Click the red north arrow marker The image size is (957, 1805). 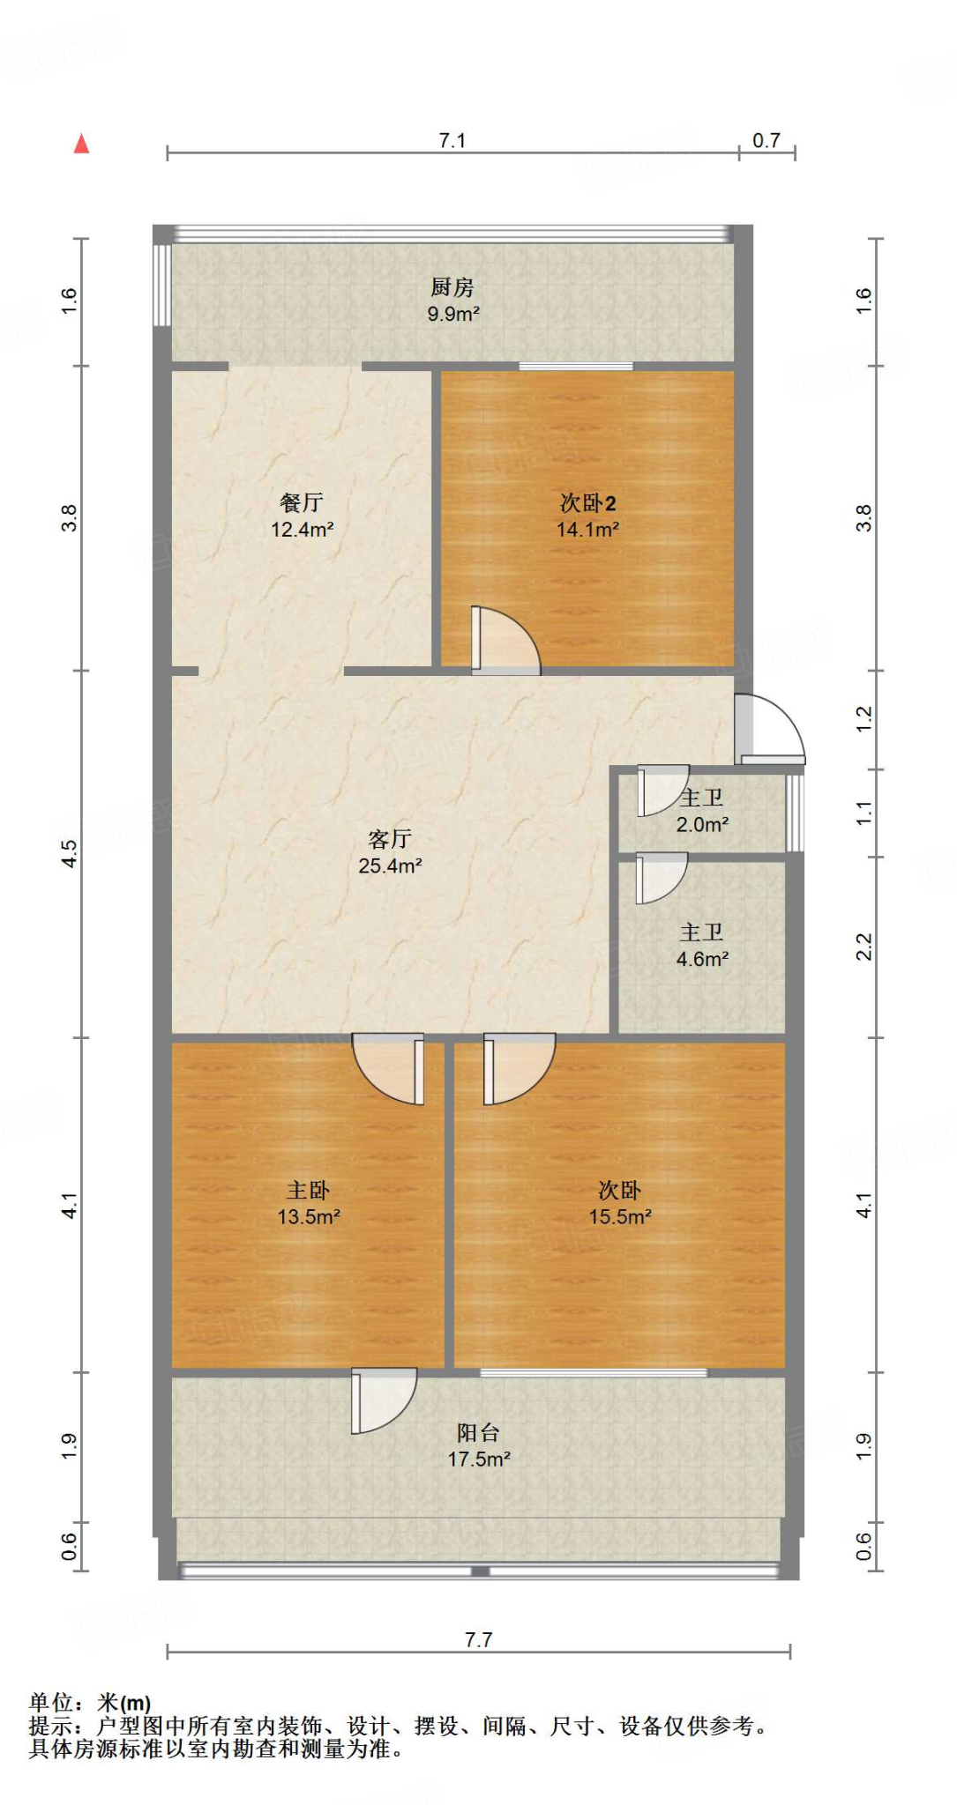pos(82,144)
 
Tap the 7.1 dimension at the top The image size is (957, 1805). pos(452,141)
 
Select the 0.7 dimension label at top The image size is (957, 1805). pos(766,141)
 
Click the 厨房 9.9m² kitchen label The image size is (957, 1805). pos(453,300)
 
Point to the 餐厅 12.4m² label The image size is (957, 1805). pos(302,516)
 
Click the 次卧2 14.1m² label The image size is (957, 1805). pos(587,516)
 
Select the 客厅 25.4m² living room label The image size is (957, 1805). pos(390,851)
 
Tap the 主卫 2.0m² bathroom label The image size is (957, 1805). pos(702,811)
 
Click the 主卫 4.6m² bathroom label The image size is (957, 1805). pos(702,946)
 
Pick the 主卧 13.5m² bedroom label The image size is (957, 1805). pos(309,1203)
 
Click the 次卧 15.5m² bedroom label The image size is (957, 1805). pos(620,1203)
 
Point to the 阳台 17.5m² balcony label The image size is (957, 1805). pos(479,1445)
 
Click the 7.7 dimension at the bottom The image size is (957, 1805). pos(478,1639)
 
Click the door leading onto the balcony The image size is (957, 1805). pos(383,1400)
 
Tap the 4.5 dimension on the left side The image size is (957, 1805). pos(70,852)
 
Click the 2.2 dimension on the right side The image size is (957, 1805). pos(864,947)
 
